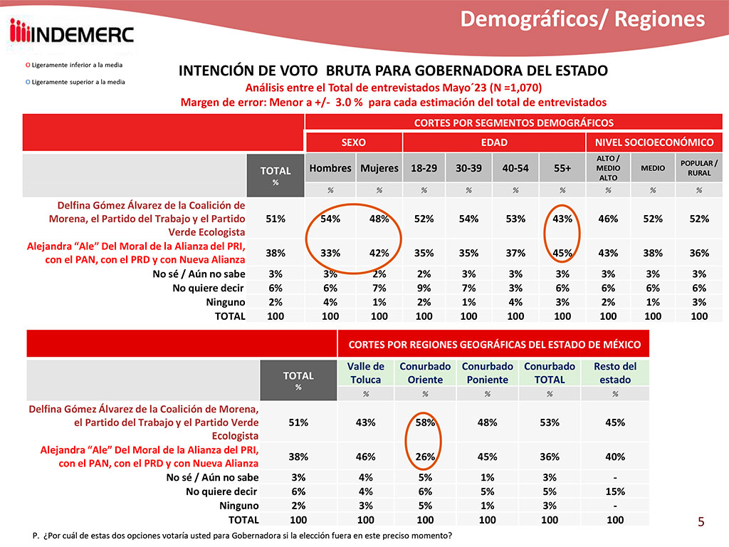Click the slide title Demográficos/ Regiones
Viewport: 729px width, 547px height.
[582, 19]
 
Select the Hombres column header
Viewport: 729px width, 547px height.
[330, 169]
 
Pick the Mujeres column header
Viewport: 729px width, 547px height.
[379, 169]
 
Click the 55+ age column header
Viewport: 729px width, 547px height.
[562, 169]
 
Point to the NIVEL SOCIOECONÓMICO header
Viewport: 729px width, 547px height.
[654, 142]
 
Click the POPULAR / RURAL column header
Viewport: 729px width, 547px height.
[699, 168]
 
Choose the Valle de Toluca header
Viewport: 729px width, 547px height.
[366, 373]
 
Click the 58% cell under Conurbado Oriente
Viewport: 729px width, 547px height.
[426, 422]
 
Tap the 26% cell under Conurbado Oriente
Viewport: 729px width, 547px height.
[426, 456]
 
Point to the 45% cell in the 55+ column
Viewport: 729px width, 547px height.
[562, 253]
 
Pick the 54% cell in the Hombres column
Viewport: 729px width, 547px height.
[330, 219]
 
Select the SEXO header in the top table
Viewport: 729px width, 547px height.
[354, 142]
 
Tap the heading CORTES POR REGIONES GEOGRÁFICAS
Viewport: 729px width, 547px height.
[494, 345]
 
